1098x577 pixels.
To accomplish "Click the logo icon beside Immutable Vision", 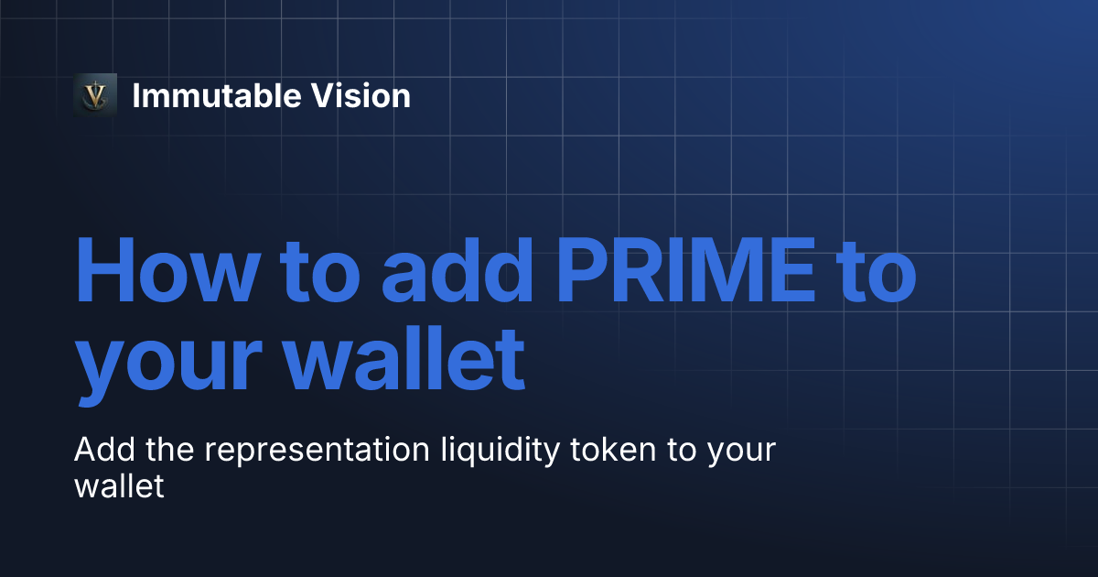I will click(95, 95).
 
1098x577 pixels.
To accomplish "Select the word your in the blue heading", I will click(166, 363).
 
